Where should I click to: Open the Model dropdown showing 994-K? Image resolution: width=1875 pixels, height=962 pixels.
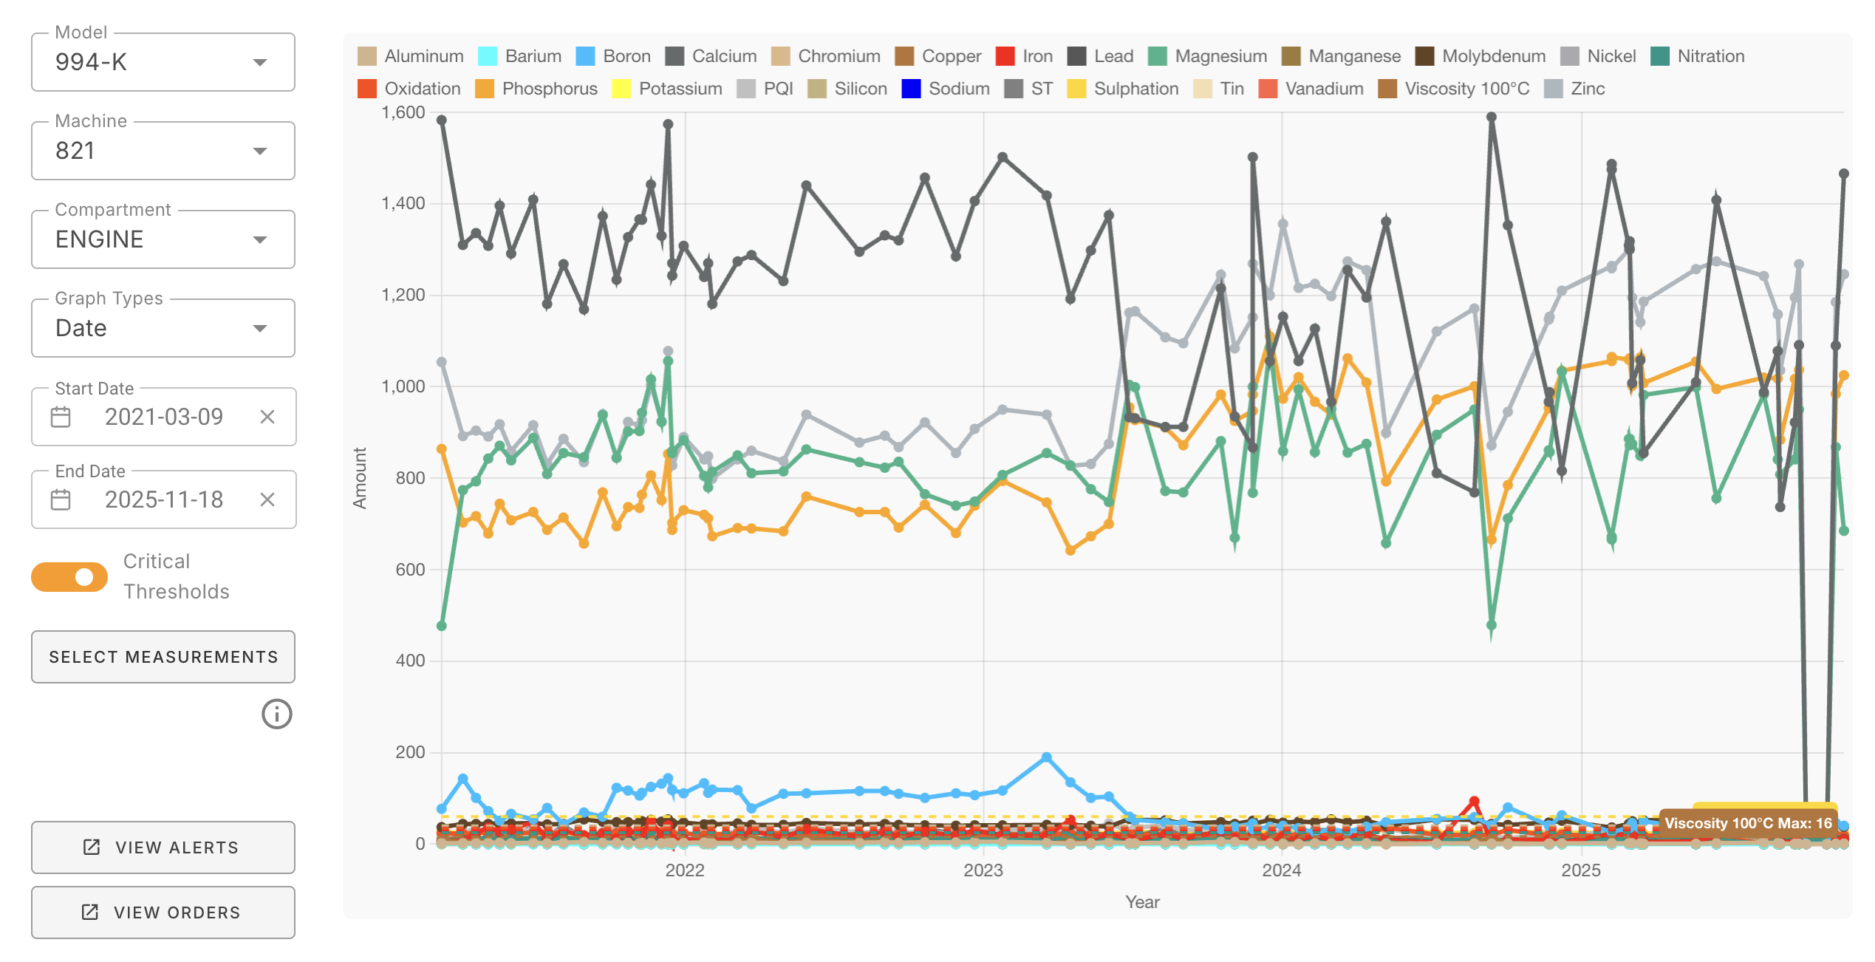pos(163,62)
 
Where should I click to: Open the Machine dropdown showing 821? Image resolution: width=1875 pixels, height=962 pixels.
pos(163,151)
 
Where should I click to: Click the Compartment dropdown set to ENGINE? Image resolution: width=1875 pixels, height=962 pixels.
pos(163,239)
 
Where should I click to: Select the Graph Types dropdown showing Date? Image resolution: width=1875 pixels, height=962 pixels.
pos(163,328)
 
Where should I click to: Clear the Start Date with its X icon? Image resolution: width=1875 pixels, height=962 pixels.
pos(267,417)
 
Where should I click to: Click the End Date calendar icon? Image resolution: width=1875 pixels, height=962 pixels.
pos(61,500)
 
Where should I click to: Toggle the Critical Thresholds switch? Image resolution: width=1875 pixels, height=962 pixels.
pos(69,577)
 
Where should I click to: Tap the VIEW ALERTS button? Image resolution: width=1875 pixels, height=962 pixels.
pos(163,847)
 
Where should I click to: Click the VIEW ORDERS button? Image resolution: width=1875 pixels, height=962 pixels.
pos(163,912)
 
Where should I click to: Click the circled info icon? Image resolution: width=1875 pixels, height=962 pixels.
pos(277,714)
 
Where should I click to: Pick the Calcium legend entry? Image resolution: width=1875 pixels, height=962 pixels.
pos(710,56)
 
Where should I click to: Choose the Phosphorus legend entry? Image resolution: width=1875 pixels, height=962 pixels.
pos(536,89)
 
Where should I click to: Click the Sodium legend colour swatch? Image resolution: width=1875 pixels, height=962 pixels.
pos(911,89)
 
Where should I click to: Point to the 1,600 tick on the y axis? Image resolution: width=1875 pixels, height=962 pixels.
pos(403,112)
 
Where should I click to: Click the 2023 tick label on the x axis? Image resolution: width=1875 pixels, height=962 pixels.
pos(983,870)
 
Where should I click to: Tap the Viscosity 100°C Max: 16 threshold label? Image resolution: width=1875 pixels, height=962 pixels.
pos(1748,823)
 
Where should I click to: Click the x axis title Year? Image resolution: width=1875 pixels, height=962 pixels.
pos(1142,902)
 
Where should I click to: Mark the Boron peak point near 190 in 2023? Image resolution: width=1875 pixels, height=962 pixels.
pos(1046,757)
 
